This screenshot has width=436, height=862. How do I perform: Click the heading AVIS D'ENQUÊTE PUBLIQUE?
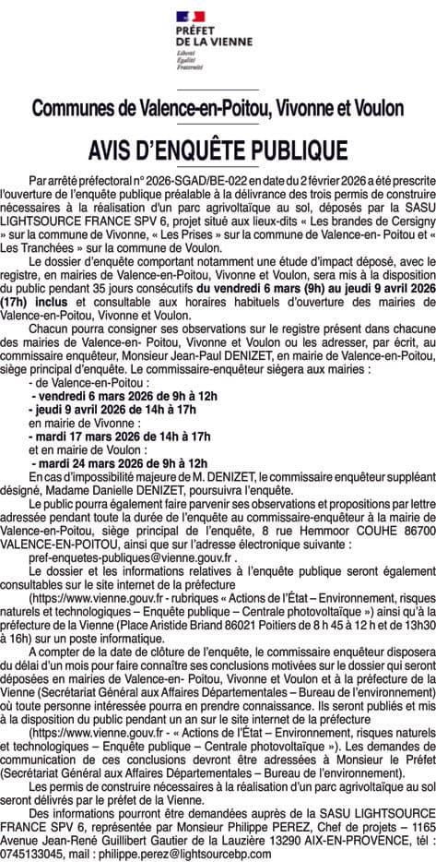click(x=218, y=150)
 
